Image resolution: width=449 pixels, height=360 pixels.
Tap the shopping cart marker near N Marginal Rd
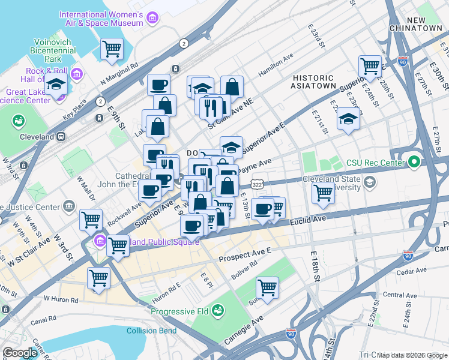pos(112,49)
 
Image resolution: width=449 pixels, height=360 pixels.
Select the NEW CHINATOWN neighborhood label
pos(424,25)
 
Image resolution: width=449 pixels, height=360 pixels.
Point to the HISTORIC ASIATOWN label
pos(313,82)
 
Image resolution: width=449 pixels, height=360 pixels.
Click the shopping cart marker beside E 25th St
pos(370,66)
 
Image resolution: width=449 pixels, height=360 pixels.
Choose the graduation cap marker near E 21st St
pos(348,119)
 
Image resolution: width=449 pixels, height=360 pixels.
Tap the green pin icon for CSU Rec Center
pos(414,161)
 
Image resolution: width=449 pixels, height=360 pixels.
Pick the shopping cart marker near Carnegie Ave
pos(267,287)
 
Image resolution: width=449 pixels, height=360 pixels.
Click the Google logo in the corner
pos(20,353)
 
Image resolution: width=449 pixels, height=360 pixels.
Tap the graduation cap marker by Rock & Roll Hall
pos(56,86)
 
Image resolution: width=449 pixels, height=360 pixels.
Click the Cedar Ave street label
pos(411,271)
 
